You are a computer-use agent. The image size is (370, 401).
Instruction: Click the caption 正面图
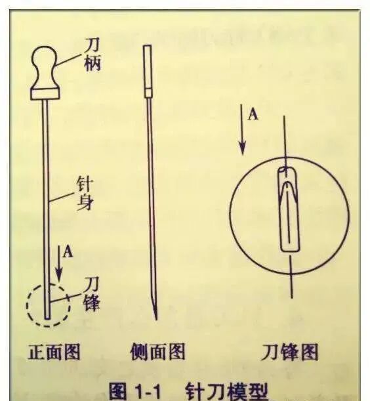54,352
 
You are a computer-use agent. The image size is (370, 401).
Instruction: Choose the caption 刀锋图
289,352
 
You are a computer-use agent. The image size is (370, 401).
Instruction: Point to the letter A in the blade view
253,114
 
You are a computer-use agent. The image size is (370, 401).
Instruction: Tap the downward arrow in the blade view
243,135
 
